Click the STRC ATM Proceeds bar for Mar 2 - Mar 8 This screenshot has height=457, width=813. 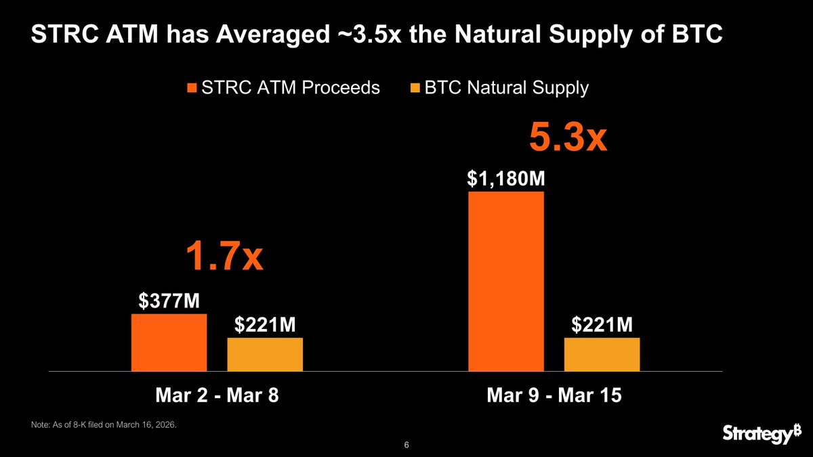169,343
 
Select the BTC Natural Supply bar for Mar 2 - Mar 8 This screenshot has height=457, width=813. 265,354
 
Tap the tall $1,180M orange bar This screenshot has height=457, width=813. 506,281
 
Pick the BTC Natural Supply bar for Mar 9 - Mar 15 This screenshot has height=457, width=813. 602,354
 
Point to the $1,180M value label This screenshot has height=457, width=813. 507,179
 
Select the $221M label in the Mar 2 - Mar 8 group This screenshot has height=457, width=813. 265,326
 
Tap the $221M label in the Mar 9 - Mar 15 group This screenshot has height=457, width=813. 602,326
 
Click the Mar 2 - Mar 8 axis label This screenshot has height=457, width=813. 217,396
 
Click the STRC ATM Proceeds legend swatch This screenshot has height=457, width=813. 192,88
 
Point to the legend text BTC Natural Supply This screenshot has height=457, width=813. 506,88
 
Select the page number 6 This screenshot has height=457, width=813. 406,445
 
